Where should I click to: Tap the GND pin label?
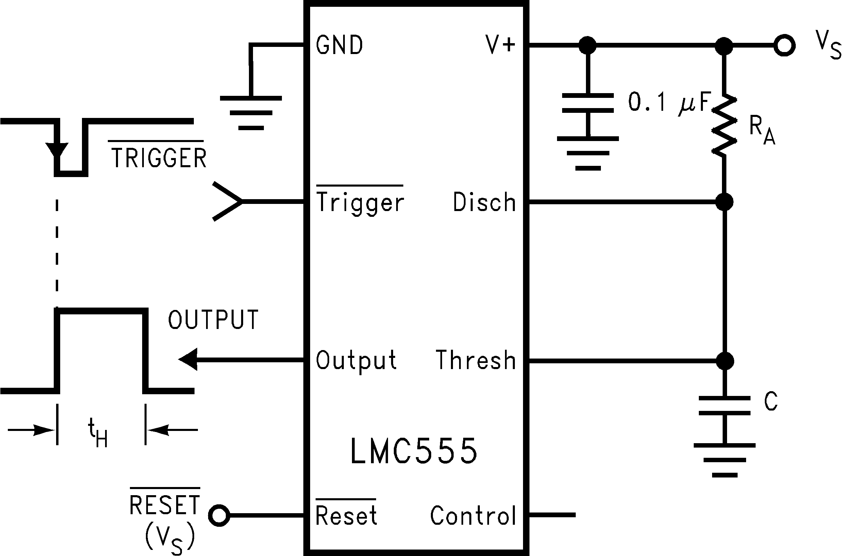pyautogui.click(x=339, y=45)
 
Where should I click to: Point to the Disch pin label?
pyautogui.click(x=484, y=202)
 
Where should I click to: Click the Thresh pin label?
pyautogui.click(x=476, y=360)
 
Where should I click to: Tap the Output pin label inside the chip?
pyautogui.click(x=356, y=360)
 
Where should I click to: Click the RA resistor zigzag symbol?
pyautogui.click(x=724, y=125)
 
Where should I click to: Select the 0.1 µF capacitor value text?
pyautogui.click(x=669, y=102)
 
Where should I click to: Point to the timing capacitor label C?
pyautogui.click(x=771, y=402)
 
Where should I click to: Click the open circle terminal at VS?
pyautogui.click(x=784, y=46)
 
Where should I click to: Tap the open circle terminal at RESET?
pyautogui.click(x=219, y=516)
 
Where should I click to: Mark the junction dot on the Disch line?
pyautogui.click(x=724, y=202)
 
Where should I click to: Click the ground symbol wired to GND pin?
pyautogui.click(x=251, y=113)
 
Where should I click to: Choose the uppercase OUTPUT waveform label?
pyautogui.click(x=213, y=320)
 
